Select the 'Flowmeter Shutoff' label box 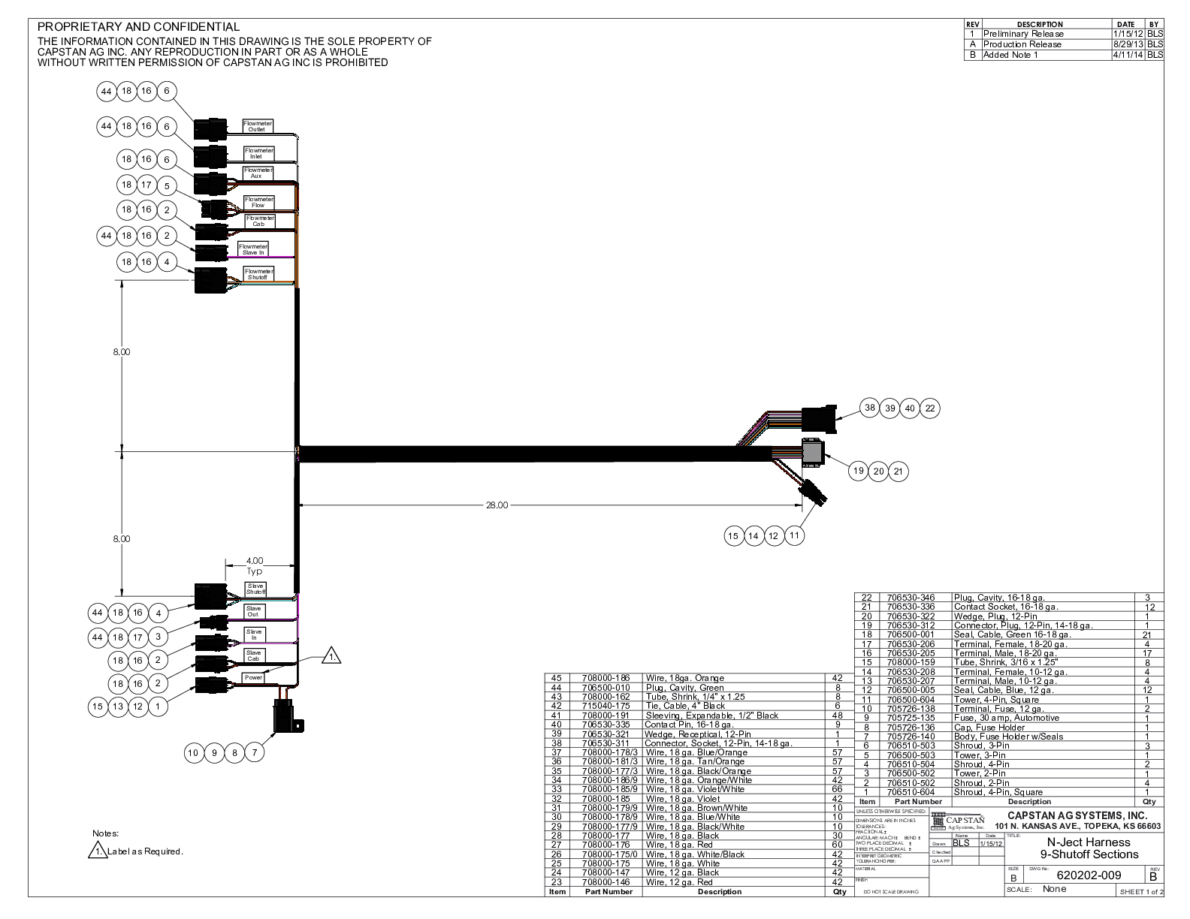pos(258,274)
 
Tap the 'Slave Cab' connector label pos(254,656)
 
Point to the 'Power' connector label pos(253,677)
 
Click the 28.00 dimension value pos(497,505)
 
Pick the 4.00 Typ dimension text pos(255,565)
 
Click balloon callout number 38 pos(870,408)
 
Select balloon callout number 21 pos(898,472)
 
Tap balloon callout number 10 pos(193,752)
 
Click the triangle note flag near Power pos(331,656)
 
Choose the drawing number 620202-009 pos(1089,875)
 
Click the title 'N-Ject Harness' pos(1089,842)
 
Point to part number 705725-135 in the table pos(911,718)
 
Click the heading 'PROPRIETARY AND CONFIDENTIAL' pos(139,27)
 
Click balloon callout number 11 pos(793,535)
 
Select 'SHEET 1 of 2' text pos(1141,892)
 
